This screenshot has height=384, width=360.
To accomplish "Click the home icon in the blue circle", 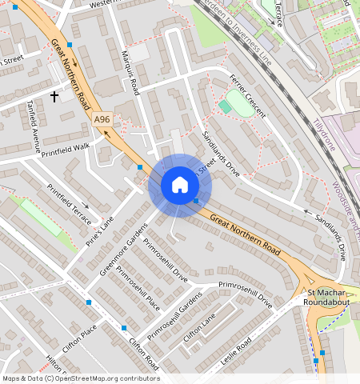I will (180, 186).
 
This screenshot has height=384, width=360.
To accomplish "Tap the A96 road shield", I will (101, 120).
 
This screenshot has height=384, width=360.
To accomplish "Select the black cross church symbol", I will (54, 97).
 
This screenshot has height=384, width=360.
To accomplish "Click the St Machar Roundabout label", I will (326, 298).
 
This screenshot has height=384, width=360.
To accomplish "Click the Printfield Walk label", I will (66, 148).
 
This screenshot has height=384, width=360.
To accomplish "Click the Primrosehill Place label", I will (138, 287).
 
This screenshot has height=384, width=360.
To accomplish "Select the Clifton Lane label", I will (200, 328).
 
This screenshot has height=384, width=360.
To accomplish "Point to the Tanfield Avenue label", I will (33, 125).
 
